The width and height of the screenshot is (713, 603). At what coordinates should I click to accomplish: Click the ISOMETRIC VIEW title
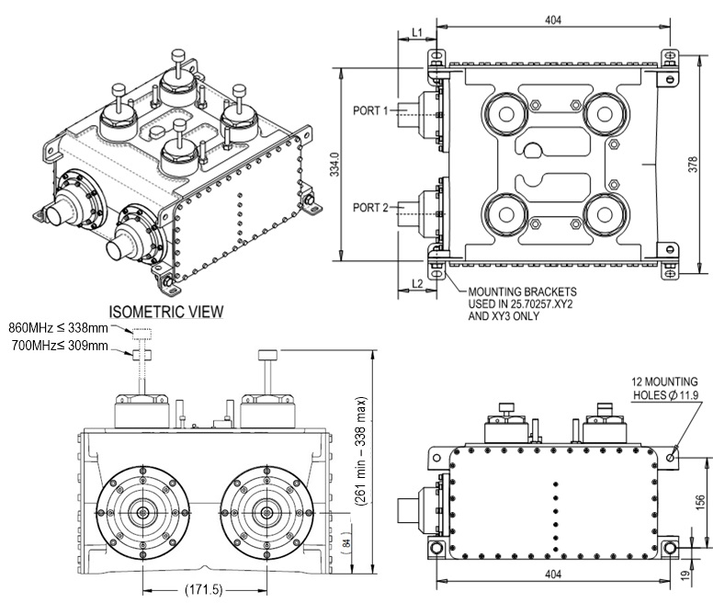[166, 312]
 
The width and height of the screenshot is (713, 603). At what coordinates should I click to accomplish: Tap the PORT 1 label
[370, 110]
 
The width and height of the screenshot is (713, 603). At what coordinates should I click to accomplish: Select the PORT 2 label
[370, 208]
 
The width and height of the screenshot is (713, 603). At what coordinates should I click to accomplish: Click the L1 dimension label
[417, 32]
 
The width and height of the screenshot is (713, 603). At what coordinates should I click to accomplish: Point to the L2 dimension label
[417, 284]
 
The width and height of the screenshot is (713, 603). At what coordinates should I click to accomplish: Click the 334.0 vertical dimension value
[334, 165]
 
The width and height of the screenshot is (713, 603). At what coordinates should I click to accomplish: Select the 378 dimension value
[693, 165]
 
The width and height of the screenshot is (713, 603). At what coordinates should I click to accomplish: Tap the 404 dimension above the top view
[553, 20]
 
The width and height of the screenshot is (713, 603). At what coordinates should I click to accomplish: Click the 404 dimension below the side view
[553, 575]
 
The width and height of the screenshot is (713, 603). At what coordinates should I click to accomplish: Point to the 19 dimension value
[685, 575]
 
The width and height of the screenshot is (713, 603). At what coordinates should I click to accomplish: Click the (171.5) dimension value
[204, 590]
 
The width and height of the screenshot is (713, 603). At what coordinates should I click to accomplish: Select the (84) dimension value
[346, 542]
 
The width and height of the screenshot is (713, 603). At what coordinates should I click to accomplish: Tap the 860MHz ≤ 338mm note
[58, 327]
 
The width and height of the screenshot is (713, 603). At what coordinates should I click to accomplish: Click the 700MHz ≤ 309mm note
[60, 346]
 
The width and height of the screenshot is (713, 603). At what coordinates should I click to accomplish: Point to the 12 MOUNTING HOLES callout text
[664, 388]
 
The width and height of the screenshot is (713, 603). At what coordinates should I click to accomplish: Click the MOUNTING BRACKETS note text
[523, 303]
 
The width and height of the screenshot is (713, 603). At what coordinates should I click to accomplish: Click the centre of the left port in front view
[143, 513]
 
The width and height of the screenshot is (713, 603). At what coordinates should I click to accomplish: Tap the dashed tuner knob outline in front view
[141, 335]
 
